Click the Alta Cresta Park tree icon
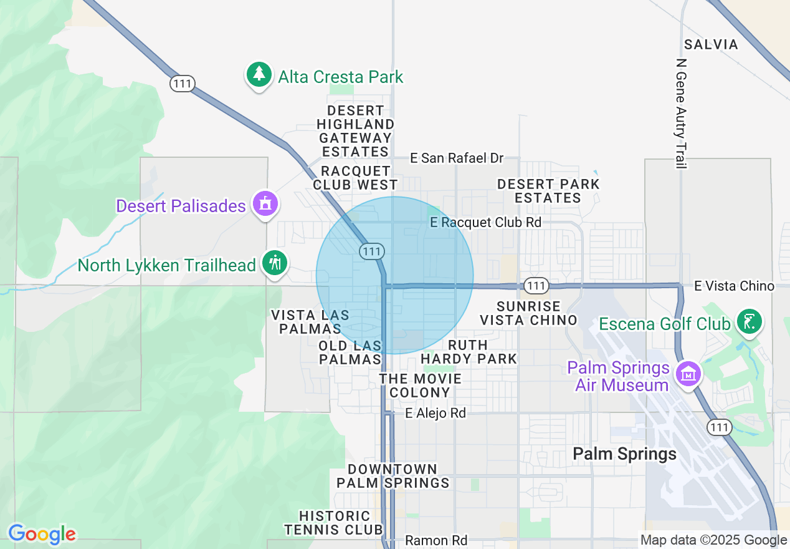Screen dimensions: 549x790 coord(259,75)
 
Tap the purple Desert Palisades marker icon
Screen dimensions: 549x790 coord(266,203)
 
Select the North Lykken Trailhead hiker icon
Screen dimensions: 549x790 coord(275,262)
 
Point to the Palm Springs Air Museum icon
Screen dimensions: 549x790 coord(688,374)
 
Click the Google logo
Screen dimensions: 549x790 coord(42,534)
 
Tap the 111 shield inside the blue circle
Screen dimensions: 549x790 coord(371,251)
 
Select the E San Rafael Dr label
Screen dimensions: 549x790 coord(456,158)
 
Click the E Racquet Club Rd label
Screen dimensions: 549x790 coord(485,222)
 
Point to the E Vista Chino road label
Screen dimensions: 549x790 coord(734,286)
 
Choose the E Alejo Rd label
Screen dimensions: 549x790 coord(435,413)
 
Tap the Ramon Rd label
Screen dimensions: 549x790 coord(436,540)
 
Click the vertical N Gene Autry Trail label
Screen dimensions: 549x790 coord(681,114)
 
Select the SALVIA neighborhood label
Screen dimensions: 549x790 coord(711,44)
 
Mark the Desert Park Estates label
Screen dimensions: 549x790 coord(548,191)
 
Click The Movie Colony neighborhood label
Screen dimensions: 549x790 coord(421,386)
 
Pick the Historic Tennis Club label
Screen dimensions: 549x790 coord(335,523)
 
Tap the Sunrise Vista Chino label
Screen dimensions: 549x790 coord(528,313)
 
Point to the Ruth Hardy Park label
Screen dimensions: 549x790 coord(469,352)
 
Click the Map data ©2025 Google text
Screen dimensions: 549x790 coord(713,540)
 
